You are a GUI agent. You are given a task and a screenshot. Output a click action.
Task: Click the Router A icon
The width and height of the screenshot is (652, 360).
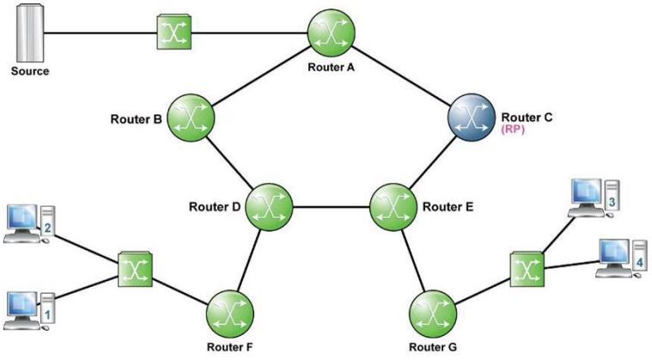331,33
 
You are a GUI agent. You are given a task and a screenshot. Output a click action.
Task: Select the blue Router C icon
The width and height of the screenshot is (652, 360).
472,117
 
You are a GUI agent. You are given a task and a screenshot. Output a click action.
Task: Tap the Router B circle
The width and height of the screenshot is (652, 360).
191,117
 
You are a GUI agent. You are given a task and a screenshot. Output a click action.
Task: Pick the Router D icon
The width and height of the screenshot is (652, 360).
269,206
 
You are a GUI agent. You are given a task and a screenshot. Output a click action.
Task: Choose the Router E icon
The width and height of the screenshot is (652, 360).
393,206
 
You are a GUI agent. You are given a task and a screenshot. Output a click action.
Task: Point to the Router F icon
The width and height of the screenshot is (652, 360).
230,314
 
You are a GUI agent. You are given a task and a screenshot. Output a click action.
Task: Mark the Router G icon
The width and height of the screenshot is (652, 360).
433,314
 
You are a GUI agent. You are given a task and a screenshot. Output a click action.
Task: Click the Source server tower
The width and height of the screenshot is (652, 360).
30,33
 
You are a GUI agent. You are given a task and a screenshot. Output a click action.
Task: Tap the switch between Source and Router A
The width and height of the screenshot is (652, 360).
174,32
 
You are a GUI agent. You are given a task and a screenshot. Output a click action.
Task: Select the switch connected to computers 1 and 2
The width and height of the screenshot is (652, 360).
135,269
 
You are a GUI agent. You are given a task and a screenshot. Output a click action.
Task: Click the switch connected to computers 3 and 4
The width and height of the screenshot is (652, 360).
527,269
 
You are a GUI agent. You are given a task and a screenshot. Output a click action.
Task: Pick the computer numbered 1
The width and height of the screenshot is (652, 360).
29,311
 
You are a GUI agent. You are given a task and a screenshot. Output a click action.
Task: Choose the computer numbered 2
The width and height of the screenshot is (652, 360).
29,224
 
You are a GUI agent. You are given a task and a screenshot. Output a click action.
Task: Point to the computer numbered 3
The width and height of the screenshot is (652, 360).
594,198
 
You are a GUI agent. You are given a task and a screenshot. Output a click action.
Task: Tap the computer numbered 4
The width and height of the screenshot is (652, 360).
622,258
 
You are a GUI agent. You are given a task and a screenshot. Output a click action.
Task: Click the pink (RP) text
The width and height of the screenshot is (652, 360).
513,129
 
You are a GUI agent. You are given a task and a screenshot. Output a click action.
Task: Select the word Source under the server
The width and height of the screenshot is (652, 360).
30,71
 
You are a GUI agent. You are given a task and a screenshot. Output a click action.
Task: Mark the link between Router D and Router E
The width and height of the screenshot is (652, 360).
331,206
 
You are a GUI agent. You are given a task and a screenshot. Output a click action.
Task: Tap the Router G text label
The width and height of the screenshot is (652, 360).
433,347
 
